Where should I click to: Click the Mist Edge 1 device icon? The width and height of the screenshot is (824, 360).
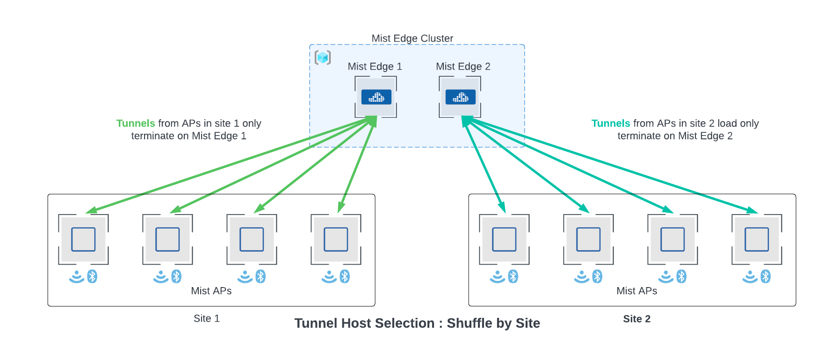pyautogui.click(x=376, y=97)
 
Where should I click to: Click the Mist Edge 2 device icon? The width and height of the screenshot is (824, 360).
pyautogui.click(x=460, y=97)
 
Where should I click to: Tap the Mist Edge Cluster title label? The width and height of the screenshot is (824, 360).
pyautogui.click(x=412, y=38)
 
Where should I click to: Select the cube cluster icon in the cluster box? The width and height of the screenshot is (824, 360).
pyautogui.click(x=323, y=58)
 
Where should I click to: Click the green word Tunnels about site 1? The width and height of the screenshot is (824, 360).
pyautogui.click(x=136, y=123)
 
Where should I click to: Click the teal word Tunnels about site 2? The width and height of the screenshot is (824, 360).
pyautogui.click(x=610, y=123)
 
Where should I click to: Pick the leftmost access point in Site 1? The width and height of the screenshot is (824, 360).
pyautogui.click(x=83, y=239)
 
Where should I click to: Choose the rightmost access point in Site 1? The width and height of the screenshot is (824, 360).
pyautogui.click(x=336, y=239)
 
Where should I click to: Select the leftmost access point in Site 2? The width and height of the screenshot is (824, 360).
pyautogui.click(x=504, y=239)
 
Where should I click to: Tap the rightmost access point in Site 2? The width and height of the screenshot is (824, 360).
pyautogui.click(x=757, y=239)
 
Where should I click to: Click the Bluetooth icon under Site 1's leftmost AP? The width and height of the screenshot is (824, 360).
pyautogui.click(x=93, y=277)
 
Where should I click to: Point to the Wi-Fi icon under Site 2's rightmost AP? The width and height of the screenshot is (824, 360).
pyautogui.click(x=750, y=277)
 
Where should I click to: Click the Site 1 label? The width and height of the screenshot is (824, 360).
pyautogui.click(x=206, y=318)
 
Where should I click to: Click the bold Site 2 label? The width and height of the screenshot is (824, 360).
pyautogui.click(x=636, y=319)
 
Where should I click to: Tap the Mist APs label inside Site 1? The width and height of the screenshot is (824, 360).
pyautogui.click(x=211, y=291)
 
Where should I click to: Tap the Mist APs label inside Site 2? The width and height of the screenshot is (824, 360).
pyautogui.click(x=636, y=291)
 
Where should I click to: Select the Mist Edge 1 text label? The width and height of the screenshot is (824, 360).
pyautogui.click(x=375, y=66)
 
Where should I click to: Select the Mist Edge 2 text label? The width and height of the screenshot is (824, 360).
pyautogui.click(x=463, y=66)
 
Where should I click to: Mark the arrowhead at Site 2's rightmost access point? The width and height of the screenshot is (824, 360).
pyautogui.click(x=752, y=210)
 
